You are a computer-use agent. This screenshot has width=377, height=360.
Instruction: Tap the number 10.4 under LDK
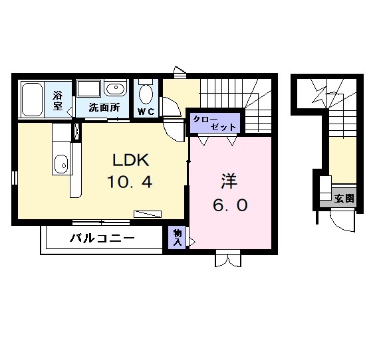coord(131,182)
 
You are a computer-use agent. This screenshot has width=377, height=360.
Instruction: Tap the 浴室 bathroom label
coord(58,100)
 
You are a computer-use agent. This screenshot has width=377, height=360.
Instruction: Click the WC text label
coord(146,111)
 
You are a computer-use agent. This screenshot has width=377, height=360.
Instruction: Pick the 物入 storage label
coord(178,237)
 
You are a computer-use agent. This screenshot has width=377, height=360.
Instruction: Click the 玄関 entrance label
coord(344,197)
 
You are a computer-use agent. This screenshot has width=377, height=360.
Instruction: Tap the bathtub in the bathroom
coord(33,99)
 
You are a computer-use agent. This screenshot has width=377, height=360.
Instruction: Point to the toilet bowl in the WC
coord(146,93)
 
